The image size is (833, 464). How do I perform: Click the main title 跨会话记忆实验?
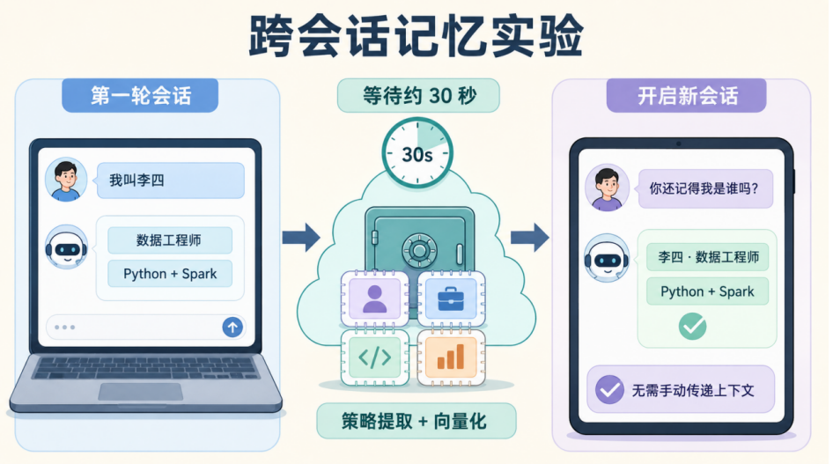pos(416,36)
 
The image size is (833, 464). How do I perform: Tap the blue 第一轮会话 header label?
pos(140,96)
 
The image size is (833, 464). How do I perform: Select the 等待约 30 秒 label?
pos(418,96)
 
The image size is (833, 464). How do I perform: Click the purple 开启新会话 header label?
pos(686,96)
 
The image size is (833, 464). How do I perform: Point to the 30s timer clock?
pos(417,153)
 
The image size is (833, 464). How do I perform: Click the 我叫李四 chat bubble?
pos(170,180)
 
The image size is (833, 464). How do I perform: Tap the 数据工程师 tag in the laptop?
pos(169,240)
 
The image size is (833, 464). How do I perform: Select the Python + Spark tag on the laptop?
pos(169,274)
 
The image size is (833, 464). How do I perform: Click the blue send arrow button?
pos(232,327)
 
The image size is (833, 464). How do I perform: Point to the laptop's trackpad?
pos(141,392)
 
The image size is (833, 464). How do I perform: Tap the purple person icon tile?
pos(374,298)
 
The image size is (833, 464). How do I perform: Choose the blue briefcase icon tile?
pos(451,298)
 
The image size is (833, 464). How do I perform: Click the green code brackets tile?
pos(374,357)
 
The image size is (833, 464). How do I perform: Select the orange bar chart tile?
pos(451,357)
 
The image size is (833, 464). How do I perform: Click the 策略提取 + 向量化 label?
pos(416,421)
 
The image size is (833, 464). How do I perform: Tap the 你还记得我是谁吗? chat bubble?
pos(705,188)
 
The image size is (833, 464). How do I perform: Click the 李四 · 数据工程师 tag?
pos(708,257)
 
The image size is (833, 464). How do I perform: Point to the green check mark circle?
pos(693,326)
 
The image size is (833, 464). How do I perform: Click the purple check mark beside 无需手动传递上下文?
pos(609,390)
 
